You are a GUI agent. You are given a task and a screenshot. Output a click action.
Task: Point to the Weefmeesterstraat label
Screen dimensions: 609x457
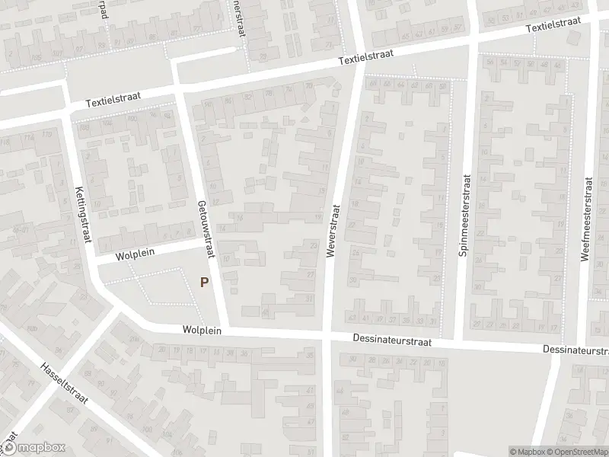[586, 219]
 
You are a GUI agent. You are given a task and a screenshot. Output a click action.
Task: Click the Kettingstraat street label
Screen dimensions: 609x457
[81, 217]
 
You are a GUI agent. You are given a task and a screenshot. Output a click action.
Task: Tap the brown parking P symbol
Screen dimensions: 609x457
[203, 282]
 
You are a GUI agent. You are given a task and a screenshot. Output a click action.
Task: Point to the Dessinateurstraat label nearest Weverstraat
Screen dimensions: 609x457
[392, 342]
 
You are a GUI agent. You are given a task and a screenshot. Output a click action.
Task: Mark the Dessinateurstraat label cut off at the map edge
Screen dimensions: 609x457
[576, 350]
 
